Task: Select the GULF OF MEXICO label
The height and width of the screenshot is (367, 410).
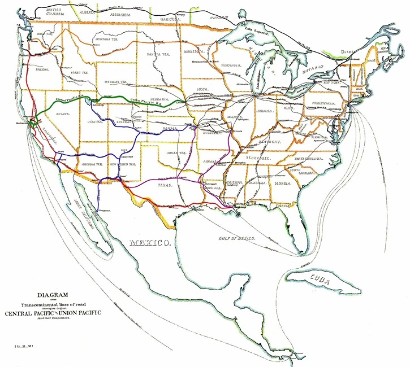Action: [x=236, y=239]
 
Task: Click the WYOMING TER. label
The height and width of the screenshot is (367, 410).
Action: [x=116, y=81]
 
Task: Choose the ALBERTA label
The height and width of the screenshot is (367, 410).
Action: [x=88, y=10]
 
